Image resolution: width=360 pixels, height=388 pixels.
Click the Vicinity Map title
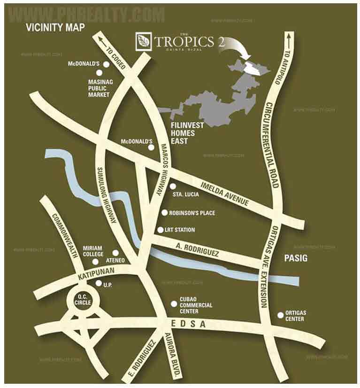[55, 28]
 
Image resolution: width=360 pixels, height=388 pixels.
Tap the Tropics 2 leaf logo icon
[142, 42]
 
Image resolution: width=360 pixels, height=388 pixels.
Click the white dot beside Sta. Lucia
[173, 186]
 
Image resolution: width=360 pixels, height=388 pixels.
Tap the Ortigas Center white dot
[281, 315]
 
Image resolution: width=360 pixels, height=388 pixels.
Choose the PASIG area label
[296, 258]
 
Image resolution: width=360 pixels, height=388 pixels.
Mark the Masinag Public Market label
[99, 88]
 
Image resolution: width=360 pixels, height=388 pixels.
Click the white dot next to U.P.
[98, 283]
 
